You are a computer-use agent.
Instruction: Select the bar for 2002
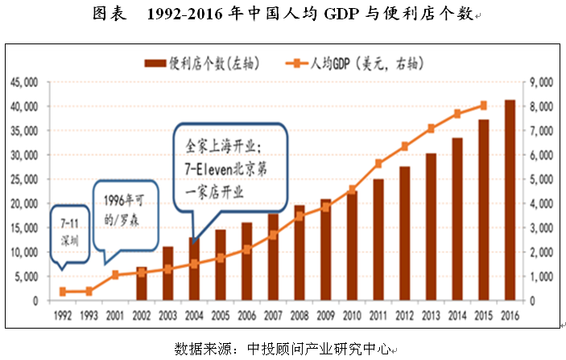point(142,283)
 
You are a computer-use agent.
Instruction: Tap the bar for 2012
point(404,234)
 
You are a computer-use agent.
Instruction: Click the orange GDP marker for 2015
point(483,105)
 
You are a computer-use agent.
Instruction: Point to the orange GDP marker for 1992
point(63,292)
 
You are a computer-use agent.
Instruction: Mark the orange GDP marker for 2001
point(115,275)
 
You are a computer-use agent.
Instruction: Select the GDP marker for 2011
point(378,163)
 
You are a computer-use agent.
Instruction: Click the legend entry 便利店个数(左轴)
point(189,63)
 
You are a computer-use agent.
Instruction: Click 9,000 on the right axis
point(538,82)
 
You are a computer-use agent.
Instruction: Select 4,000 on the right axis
point(538,204)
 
